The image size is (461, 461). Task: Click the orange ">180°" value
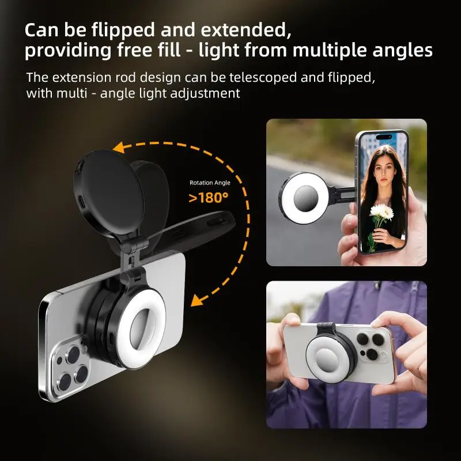[209, 198]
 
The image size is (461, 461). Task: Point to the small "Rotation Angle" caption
[210, 183]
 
